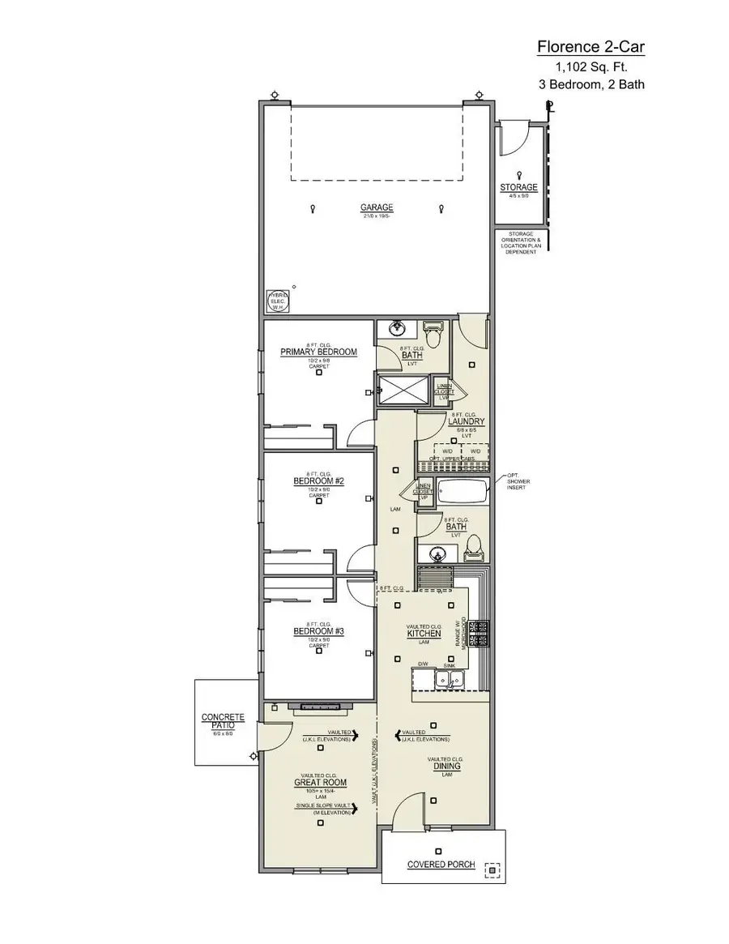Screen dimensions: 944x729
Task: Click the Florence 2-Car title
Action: [x=590, y=48]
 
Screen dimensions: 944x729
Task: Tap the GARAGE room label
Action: [x=377, y=208]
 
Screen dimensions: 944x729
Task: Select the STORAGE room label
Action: [x=518, y=188]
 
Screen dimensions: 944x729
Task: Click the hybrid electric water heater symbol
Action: [x=277, y=301]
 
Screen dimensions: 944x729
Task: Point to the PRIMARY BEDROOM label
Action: [x=318, y=352]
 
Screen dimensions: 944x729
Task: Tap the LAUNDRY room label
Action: [x=466, y=421]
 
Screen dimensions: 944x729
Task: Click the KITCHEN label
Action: [x=424, y=634]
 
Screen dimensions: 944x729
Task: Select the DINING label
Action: [x=446, y=766]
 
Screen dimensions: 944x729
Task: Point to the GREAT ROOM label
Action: [x=320, y=783]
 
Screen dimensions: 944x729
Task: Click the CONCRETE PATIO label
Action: [x=223, y=721]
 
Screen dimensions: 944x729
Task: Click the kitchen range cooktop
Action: [x=481, y=632]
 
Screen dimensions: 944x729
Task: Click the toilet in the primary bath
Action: [x=433, y=333]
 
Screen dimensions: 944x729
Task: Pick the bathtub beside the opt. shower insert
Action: [x=463, y=493]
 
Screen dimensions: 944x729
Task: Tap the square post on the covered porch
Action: [x=491, y=870]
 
